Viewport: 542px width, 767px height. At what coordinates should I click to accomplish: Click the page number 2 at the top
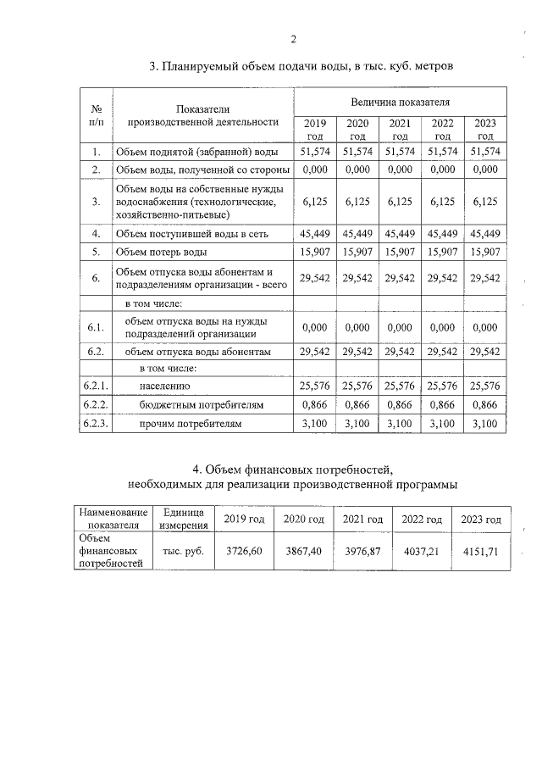click(x=293, y=39)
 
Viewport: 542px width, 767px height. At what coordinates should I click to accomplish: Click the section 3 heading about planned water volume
click(x=295, y=65)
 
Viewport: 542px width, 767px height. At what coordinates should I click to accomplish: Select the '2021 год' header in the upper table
click(x=400, y=130)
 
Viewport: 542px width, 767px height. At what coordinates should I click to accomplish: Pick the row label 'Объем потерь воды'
click(x=161, y=252)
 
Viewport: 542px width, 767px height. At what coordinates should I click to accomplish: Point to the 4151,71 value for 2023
click(x=480, y=550)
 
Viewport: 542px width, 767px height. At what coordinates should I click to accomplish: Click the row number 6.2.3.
click(x=97, y=423)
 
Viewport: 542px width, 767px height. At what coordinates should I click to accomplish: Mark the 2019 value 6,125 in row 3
click(x=314, y=202)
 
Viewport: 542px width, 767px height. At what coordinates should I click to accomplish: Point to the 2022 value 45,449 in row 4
click(x=442, y=233)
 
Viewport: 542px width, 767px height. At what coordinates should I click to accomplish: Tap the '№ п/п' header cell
click(x=97, y=115)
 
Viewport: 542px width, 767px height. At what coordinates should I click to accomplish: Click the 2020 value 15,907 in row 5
click(x=357, y=252)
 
